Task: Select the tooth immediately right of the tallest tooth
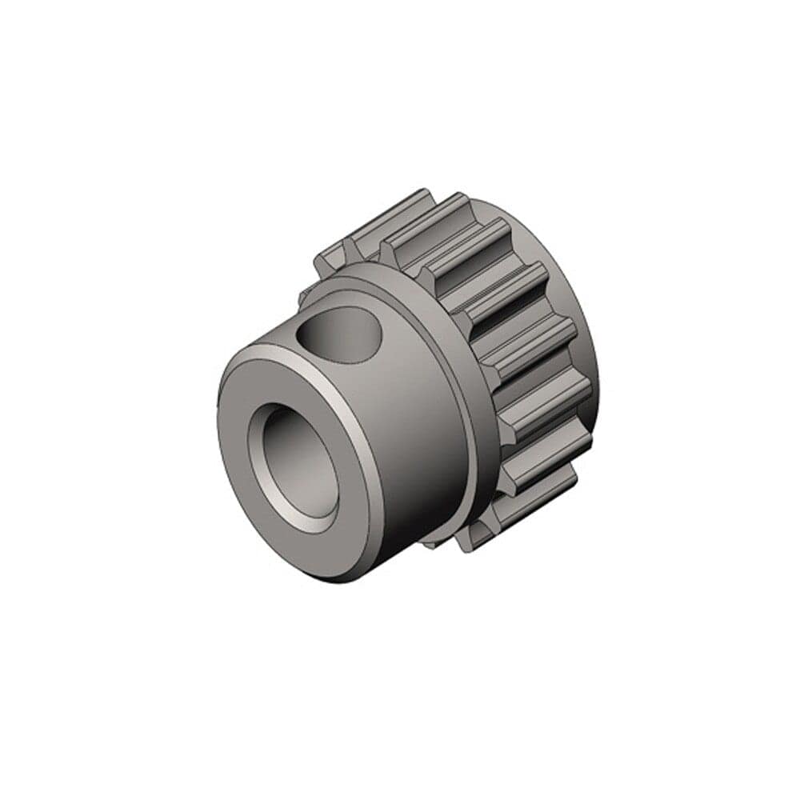click(472, 240)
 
